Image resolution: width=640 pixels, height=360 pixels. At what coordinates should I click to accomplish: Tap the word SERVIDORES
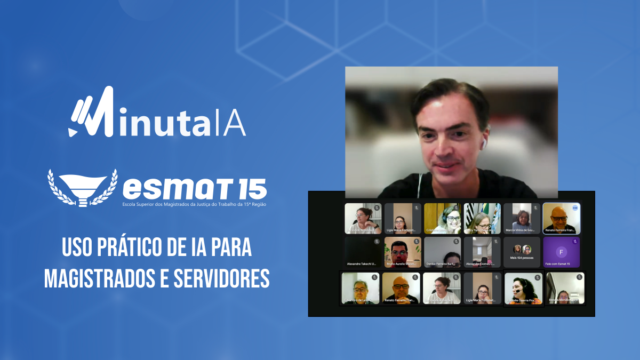click(223, 279)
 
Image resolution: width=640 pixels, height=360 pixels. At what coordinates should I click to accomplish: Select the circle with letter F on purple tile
click(561, 252)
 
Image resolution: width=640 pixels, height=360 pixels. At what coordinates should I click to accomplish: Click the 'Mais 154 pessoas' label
click(522, 258)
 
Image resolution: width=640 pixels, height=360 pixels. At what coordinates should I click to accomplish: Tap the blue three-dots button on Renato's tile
click(575, 207)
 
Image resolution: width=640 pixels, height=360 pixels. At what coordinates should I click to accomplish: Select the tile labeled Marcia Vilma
click(522, 218)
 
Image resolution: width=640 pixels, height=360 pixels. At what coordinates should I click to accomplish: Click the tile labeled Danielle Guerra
click(523, 289)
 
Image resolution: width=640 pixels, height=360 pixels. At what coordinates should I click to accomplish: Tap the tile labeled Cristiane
click(442, 218)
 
